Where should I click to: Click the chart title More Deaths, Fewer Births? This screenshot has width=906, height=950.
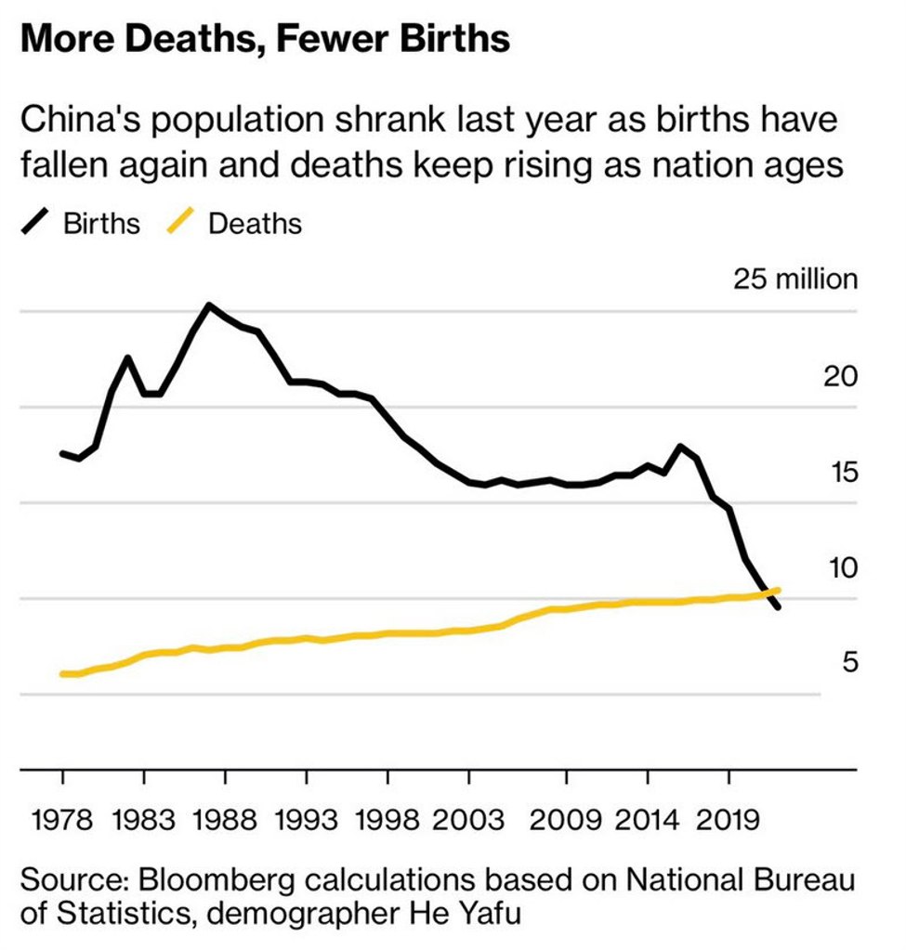pos(264,39)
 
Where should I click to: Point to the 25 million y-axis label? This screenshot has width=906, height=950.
pos(794,279)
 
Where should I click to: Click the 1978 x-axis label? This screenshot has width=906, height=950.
pos(63,820)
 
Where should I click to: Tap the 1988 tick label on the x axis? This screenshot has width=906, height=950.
pos(226,820)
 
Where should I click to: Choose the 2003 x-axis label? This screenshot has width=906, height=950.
pos(470,820)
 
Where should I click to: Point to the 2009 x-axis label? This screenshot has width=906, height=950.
pos(566,820)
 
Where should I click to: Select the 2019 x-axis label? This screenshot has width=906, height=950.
pos(729,820)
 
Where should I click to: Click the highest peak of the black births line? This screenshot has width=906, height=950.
pos(208,305)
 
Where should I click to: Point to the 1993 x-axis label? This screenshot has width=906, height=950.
pos(308,820)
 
